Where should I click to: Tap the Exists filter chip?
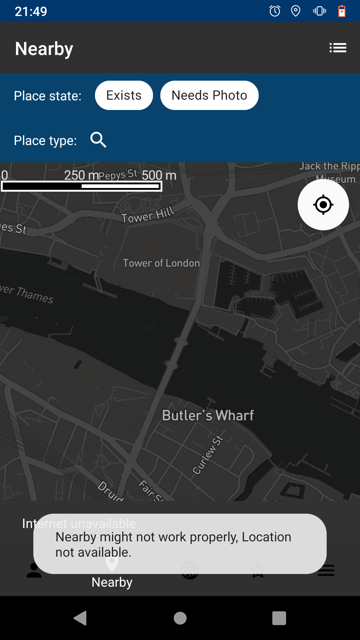124,95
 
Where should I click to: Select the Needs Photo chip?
209,95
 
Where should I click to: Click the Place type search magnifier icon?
98,140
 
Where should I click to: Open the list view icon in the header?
338,48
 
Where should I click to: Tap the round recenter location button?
323,205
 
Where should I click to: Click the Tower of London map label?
161,263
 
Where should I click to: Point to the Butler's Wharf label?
208,416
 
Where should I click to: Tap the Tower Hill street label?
148,215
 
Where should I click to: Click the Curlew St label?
207,455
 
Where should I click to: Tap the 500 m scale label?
159,175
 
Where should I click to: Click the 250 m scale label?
81,175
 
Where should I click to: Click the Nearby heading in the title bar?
44,49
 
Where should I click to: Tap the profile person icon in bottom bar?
34,570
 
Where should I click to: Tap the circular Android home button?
180,618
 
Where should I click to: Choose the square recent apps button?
279,618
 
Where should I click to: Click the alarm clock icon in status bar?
275,11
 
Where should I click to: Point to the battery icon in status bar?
342,11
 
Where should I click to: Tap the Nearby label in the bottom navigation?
112,582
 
